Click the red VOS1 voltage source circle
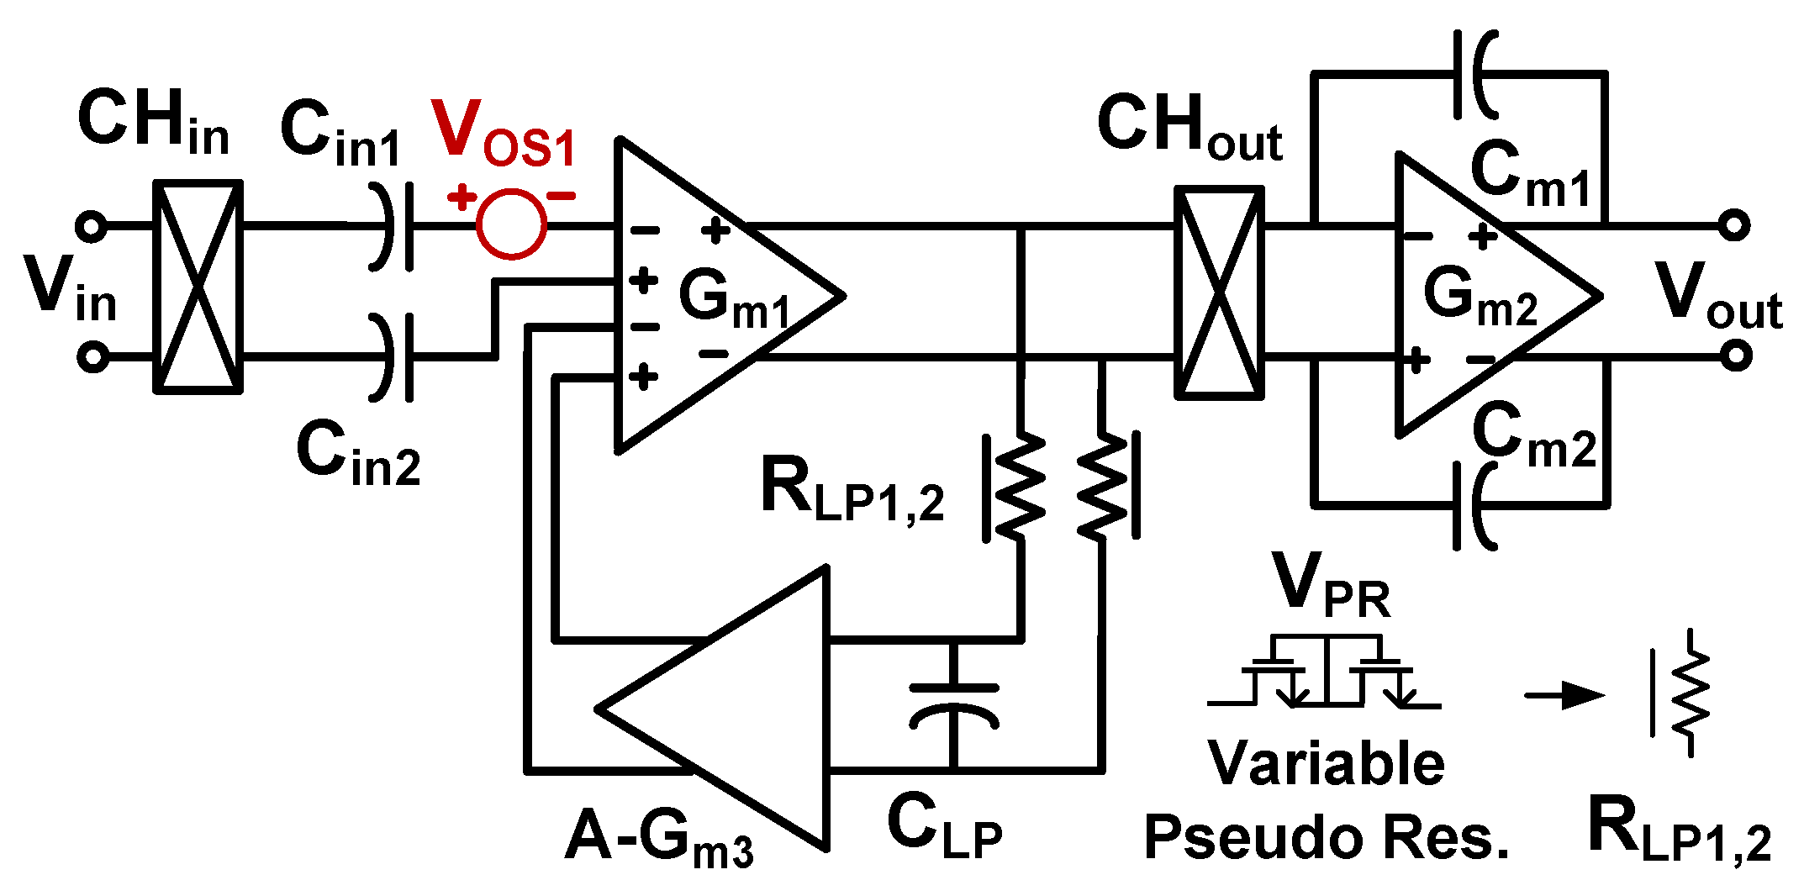pyautogui.click(x=511, y=224)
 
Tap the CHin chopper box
pyautogui.click(x=198, y=287)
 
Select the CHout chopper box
pyautogui.click(x=1219, y=293)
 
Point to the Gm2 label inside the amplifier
pyautogui.click(x=1480, y=298)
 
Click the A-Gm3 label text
pyautogui.click(x=659, y=841)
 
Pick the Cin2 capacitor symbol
pyautogui.click(x=395, y=357)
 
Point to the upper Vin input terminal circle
pyautogui.click(x=91, y=226)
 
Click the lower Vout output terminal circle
pyautogui.click(x=1735, y=356)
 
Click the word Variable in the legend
pyautogui.click(x=1326, y=764)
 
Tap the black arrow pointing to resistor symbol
pyautogui.click(x=1564, y=696)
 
